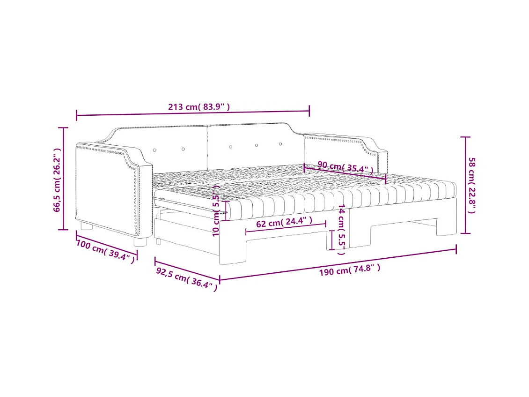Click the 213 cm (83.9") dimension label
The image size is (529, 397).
199,107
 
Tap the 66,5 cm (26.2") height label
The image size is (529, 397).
57,180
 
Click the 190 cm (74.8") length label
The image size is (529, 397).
349,270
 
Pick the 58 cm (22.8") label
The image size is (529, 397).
472,185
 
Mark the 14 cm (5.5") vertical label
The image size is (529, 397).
342,229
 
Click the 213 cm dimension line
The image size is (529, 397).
193,113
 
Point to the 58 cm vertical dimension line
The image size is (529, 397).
464,185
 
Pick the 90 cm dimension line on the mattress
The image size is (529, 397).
345,172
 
